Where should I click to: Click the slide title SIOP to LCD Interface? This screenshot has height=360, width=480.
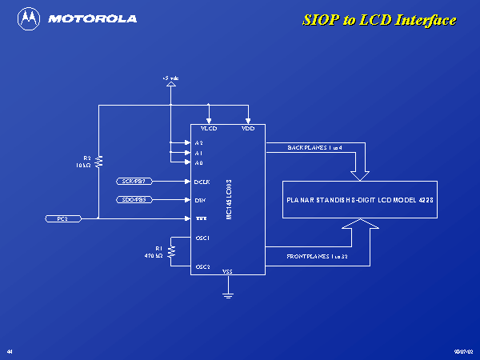(x=378, y=20)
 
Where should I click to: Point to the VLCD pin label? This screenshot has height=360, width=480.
(x=209, y=129)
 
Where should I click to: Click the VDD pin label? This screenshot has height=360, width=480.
(x=248, y=129)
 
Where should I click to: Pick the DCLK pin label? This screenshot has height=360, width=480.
(x=202, y=182)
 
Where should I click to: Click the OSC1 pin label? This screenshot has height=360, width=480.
(x=202, y=238)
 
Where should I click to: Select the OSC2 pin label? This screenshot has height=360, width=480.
(x=202, y=266)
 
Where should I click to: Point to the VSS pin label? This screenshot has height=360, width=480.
(x=227, y=272)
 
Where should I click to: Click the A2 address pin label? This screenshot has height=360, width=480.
(x=198, y=143)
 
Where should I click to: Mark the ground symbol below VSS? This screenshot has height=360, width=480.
(x=228, y=297)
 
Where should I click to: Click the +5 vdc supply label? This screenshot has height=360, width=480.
(x=170, y=78)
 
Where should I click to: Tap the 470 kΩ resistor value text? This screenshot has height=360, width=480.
(x=154, y=256)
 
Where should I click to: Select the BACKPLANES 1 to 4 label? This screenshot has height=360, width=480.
(x=314, y=149)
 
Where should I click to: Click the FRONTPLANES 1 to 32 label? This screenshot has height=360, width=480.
(x=317, y=258)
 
